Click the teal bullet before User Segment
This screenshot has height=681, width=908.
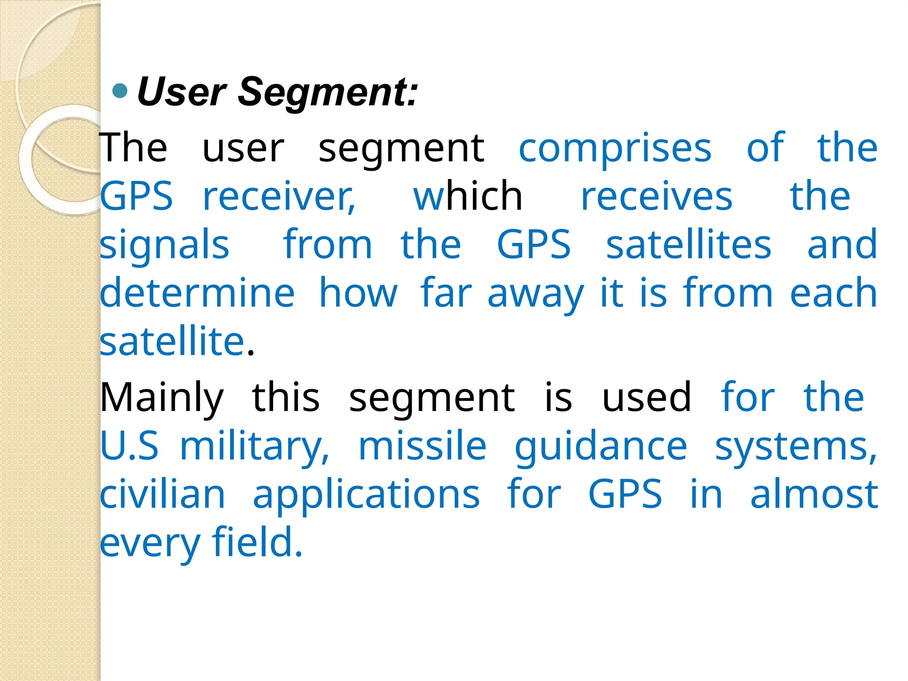(x=120, y=91)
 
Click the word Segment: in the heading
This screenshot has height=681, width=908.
(x=328, y=92)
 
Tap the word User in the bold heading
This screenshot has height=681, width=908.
(x=182, y=92)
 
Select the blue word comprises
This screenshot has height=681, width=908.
(x=615, y=149)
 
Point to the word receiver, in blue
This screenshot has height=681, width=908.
(x=279, y=197)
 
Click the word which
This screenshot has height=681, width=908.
(x=468, y=196)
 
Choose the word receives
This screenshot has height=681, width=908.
(x=657, y=197)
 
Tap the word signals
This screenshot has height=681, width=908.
(x=164, y=246)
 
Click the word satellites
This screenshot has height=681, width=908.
(x=689, y=245)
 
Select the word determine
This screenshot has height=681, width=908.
(x=197, y=293)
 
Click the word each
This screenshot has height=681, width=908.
(x=834, y=293)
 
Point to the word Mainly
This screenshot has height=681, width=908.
(x=162, y=398)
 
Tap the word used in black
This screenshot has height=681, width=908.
(x=646, y=397)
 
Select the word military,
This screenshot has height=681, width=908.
(x=255, y=447)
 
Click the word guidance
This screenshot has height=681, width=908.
(x=601, y=447)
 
